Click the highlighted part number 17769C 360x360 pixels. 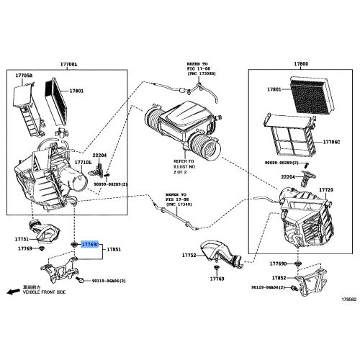[91, 246]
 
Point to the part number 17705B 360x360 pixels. [24, 74]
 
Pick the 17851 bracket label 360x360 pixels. [115, 250]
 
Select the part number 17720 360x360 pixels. [325, 189]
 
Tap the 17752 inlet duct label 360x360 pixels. [189, 255]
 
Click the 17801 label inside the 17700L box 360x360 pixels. [77, 91]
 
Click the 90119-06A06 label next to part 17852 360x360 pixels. [270, 287]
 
